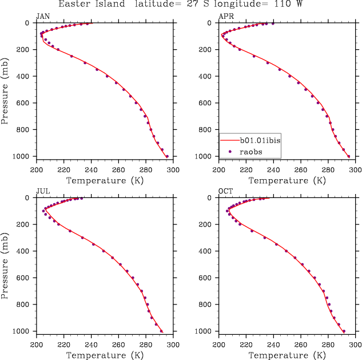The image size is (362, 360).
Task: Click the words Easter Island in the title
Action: pyautogui.click(x=99, y=4)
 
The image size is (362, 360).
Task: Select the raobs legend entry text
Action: pyautogui.click(x=251, y=151)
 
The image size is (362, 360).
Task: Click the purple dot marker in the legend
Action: pyautogui.click(x=229, y=151)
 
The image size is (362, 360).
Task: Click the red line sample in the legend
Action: pyautogui.click(x=229, y=140)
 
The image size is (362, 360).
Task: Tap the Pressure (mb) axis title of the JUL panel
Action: pyautogui.click(x=5, y=264)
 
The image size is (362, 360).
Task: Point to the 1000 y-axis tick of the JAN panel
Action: pyautogui.click(x=25, y=156)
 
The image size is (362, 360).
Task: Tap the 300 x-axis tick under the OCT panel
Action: pyautogui.click(x=355, y=345)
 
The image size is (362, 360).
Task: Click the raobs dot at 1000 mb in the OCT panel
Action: pyautogui.click(x=344, y=331)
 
